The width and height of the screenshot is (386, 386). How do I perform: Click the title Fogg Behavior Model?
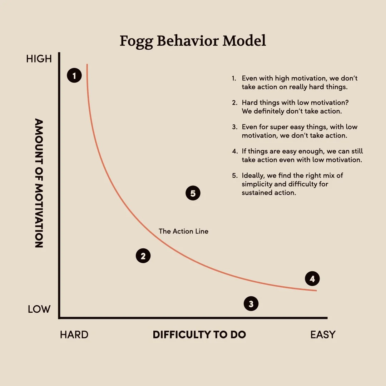click(x=193, y=41)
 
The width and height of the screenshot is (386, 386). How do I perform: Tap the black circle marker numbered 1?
click(x=74, y=75)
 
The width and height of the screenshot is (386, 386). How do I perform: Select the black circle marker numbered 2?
click(x=143, y=256)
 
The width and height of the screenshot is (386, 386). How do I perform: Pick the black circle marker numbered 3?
click(x=251, y=304)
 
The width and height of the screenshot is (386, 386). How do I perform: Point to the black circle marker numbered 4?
click(x=312, y=279)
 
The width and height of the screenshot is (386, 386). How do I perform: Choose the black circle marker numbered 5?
click(x=193, y=193)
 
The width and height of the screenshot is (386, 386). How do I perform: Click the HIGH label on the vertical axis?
click(x=39, y=59)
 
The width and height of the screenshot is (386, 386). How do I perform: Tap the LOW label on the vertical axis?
click(x=39, y=309)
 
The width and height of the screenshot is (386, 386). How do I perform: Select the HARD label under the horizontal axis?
click(x=74, y=335)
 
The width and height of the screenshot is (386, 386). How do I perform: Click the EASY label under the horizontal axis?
click(x=323, y=335)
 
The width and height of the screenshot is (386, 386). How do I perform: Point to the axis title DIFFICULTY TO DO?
click(x=199, y=335)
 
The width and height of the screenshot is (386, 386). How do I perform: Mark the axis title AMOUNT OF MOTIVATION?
click(x=39, y=183)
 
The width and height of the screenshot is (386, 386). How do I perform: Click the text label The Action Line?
click(x=183, y=231)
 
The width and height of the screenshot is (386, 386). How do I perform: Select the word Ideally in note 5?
click(x=253, y=176)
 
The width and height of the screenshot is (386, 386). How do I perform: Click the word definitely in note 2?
click(x=268, y=111)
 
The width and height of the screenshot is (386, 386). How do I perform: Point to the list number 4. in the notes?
click(x=235, y=152)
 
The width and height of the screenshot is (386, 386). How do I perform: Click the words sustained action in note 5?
click(x=269, y=193)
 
